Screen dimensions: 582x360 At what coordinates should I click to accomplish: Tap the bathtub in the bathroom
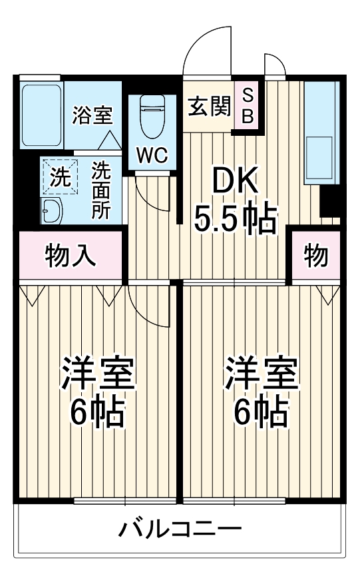[41, 115]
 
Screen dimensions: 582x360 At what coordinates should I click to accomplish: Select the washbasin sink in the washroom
[52, 212]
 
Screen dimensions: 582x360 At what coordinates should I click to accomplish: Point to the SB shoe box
[247, 106]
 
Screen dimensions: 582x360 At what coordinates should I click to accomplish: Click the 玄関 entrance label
[208, 107]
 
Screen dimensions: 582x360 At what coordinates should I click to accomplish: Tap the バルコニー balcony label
[180, 531]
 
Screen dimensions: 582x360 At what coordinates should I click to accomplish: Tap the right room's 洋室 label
[261, 375]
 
